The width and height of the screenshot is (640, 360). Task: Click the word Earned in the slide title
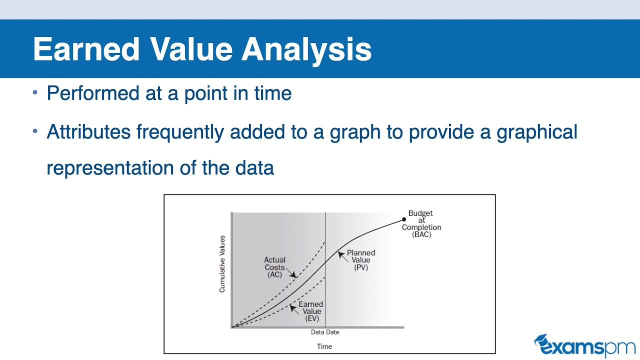[86, 49]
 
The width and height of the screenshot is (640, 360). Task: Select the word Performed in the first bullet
[94, 93]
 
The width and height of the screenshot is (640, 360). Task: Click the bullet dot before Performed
[35, 93]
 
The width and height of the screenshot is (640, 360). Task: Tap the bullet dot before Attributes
[35, 131]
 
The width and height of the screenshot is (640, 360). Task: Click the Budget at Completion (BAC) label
[421, 224]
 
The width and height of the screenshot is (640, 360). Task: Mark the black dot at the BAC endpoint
[404, 219]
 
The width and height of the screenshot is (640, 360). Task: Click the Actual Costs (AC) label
[275, 267]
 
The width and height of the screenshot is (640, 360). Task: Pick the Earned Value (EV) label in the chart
[310, 311]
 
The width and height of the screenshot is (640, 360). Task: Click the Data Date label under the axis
[325, 332]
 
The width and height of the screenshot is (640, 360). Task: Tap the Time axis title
[324, 346]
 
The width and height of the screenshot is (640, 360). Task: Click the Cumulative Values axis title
[222, 264]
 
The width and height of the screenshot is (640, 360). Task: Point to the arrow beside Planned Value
[341, 254]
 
